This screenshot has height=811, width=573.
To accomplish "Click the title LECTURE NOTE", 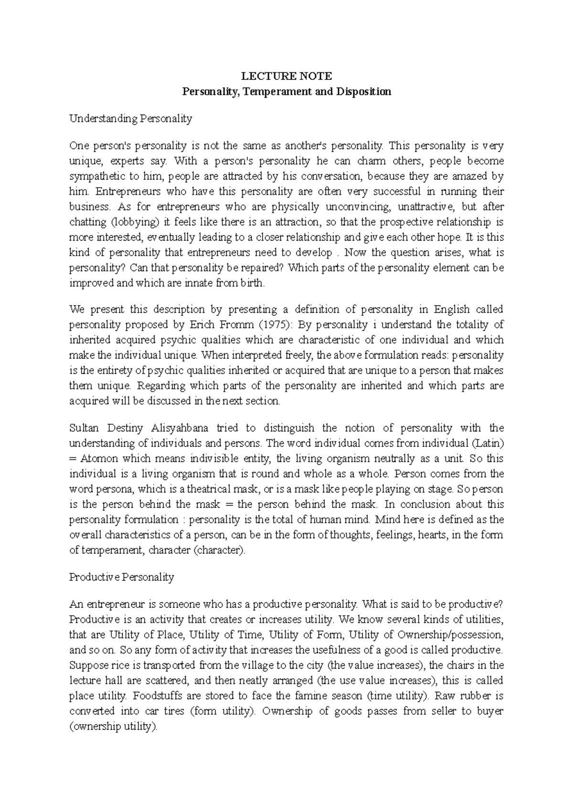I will (x=286, y=76).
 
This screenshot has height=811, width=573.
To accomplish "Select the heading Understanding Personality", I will (x=130, y=118).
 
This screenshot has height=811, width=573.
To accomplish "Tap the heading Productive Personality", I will (x=121, y=577).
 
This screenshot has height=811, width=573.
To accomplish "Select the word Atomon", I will (x=99, y=459).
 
